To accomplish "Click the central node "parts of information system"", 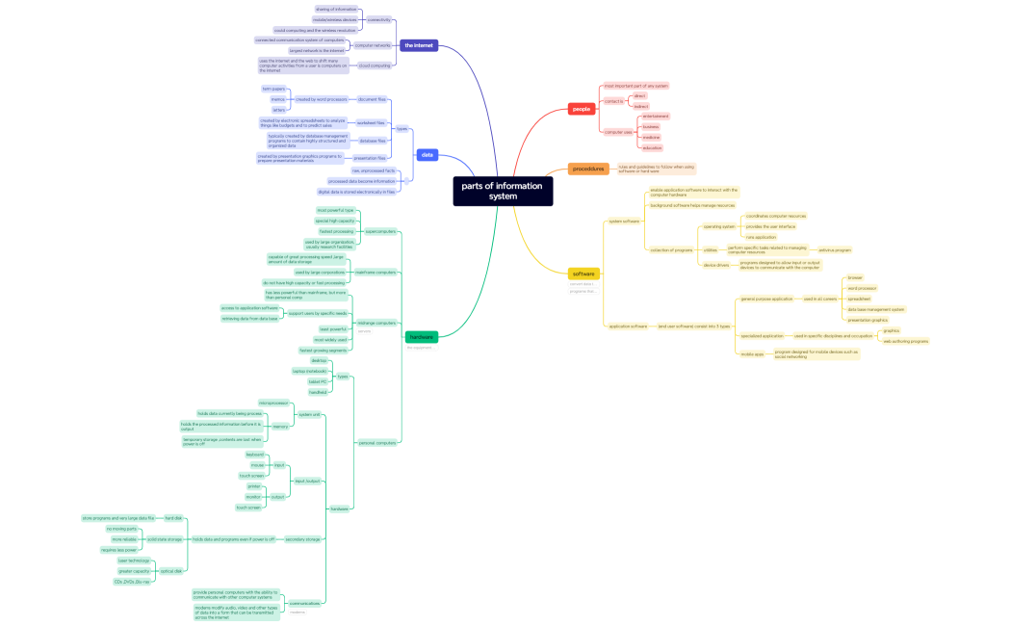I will pyautogui.click(x=503, y=191).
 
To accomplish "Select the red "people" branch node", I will pyautogui.click(x=582, y=109).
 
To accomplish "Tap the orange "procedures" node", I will pyautogui.click(x=588, y=169).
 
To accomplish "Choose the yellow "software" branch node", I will pyautogui.click(x=583, y=274).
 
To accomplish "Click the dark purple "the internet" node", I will pyautogui.click(x=419, y=45).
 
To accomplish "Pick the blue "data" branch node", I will pyautogui.click(x=428, y=154).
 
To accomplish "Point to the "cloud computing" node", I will pyautogui.click(x=375, y=65).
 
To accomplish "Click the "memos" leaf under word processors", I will pyautogui.click(x=278, y=99).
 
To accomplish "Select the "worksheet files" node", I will pyautogui.click(x=372, y=123).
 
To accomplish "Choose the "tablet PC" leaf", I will pyautogui.click(x=318, y=381).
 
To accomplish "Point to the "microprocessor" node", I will pyautogui.click(x=273, y=403).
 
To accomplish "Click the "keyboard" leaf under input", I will pyautogui.click(x=255, y=455).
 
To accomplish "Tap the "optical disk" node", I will pyautogui.click(x=171, y=571).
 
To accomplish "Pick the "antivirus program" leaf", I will pyautogui.click(x=835, y=249).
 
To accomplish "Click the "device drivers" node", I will pyautogui.click(x=715, y=265).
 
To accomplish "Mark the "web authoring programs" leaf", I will pyautogui.click(x=905, y=341).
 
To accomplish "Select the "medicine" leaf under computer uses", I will pyautogui.click(x=652, y=137).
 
